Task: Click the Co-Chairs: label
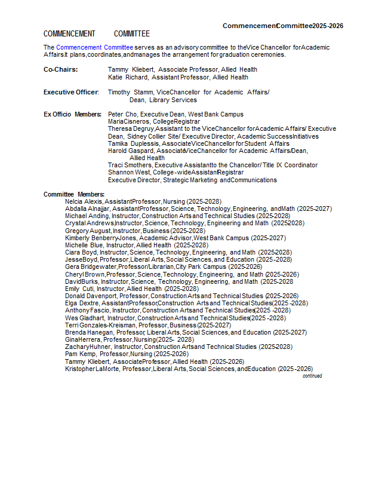pyautogui.click(x=60, y=69)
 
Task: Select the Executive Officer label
pyautogui.click(x=70, y=92)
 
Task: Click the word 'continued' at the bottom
pyautogui.click(x=312, y=376)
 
